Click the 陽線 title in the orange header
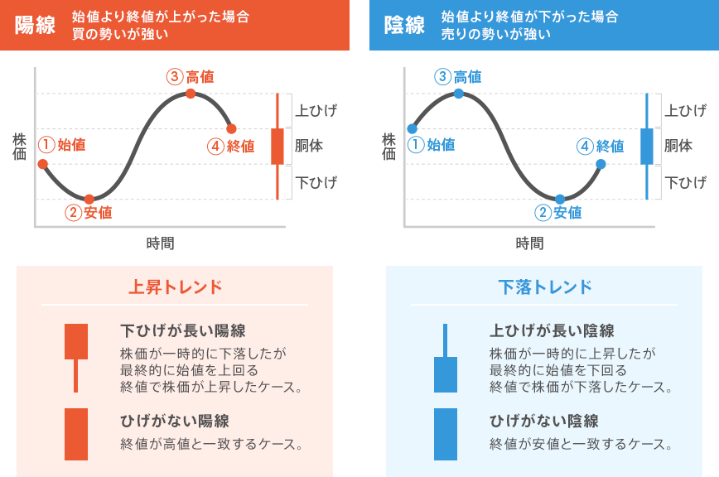point(36,25)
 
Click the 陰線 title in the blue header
point(405,25)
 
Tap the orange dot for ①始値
point(42,164)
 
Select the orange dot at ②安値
point(89,199)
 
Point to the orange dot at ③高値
point(191,94)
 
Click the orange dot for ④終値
point(231,128)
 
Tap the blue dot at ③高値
point(459,94)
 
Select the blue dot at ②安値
point(560,199)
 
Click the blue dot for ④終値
point(601,164)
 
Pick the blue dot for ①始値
point(412,128)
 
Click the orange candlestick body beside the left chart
point(277,146)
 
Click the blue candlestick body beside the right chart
point(647,146)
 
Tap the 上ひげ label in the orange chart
point(316,110)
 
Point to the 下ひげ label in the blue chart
point(686,182)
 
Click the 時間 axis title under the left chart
point(160,243)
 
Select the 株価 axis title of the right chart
point(388,146)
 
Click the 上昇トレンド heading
point(175,287)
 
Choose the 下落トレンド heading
point(545,287)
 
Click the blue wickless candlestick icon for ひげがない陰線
point(446,434)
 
